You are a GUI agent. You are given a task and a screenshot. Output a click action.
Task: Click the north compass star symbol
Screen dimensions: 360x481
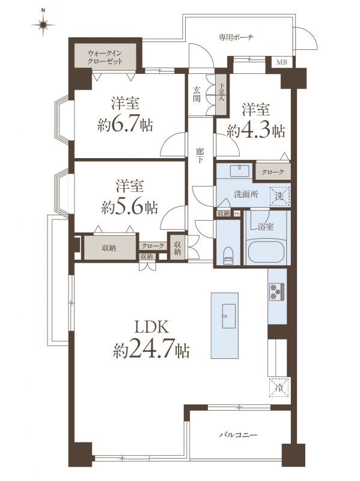coord(43,24)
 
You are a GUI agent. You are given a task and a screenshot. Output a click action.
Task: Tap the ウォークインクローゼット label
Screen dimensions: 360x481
coord(105,57)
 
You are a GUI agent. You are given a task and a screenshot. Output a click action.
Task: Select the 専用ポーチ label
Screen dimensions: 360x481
coord(236,38)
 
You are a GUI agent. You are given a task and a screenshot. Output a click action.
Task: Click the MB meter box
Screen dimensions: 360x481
coord(282,63)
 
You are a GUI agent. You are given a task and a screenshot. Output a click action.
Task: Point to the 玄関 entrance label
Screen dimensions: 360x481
coord(197,94)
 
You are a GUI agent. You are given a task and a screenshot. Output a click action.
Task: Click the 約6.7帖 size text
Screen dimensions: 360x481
coord(125,124)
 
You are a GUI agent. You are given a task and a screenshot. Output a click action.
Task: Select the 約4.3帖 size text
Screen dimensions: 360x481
coord(256,131)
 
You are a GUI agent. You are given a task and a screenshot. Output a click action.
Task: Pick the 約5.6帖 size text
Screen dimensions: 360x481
coord(129,207)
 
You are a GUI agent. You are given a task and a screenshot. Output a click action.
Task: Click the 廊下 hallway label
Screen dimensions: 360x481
coord(200,156)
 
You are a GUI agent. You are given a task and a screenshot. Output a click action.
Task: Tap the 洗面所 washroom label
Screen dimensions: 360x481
coord(246,194)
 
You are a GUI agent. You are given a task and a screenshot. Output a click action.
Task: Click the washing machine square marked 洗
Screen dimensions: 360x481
coord(279,196)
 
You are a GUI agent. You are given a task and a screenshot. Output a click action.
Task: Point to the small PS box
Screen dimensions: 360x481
coord(236,214)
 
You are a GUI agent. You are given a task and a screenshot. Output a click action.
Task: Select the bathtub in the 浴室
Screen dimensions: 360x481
coord(267,252)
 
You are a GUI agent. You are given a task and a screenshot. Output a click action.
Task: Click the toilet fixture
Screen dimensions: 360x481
coord(228,256)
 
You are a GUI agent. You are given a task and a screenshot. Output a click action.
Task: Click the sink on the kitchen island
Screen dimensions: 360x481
coord(228,316)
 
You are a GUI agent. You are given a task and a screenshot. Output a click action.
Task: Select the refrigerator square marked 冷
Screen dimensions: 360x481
coord(279,387)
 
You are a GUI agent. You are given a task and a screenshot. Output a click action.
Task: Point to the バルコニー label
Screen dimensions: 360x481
coord(239,435)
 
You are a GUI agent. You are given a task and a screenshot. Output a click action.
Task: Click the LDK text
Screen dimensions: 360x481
coord(151,327)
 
